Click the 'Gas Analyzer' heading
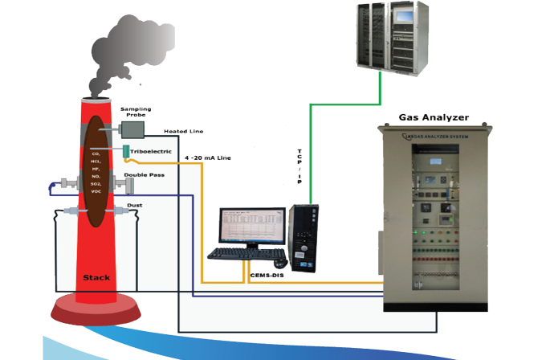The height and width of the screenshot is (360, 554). pyautogui.click(x=434, y=117)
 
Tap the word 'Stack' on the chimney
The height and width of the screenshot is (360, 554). pyautogui.click(x=96, y=278)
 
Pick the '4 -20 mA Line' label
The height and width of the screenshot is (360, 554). pyautogui.click(x=208, y=158)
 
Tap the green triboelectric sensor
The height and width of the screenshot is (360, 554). pyautogui.click(x=126, y=150)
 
